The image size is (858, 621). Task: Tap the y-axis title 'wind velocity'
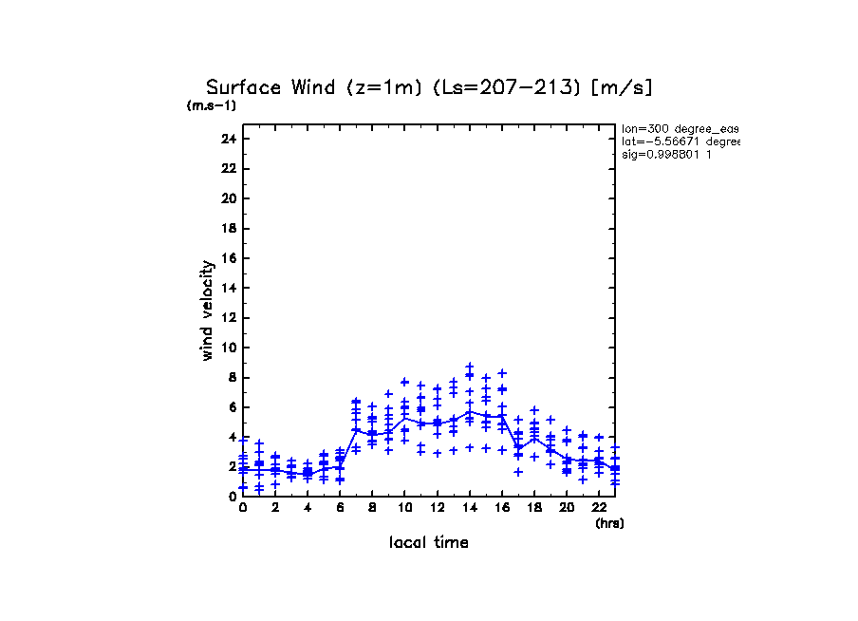click(x=207, y=310)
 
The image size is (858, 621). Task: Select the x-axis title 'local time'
click(x=428, y=542)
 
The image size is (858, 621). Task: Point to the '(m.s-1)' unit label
click(x=212, y=106)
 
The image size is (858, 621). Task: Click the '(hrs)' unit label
click(x=609, y=523)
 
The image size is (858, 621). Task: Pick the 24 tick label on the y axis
click(x=228, y=139)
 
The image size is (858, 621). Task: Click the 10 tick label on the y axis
click(x=228, y=348)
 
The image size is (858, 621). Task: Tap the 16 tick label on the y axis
click(x=228, y=258)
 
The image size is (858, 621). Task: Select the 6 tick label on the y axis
click(x=231, y=407)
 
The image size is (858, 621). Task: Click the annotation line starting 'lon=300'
click(x=680, y=128)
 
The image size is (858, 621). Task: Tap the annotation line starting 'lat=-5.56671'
click(x=680, y=141)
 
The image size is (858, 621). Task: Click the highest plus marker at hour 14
click(x=469, y=366)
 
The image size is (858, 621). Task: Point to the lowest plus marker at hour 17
click(x=518, y=472)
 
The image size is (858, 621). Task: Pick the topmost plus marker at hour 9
click(x=388, y=393)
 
